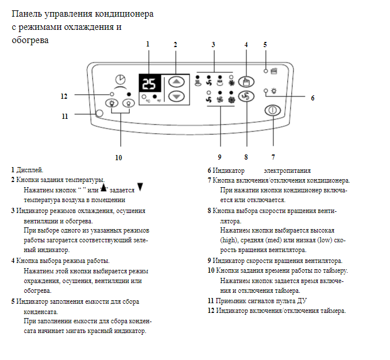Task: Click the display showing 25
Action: point(149,84)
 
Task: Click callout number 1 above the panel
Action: point(148,44)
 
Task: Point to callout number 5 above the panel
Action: point(265,44)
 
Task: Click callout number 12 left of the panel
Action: point(64,96)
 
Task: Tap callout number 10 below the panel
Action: point(119,156)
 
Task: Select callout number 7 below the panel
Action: point(273,156)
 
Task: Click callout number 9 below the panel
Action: point(219,156)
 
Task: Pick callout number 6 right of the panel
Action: point(312,98)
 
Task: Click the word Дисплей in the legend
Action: point(30,171)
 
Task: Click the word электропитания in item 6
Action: point(287,171)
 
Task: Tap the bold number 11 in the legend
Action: point(210,300)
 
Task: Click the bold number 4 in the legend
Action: point(13,260)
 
